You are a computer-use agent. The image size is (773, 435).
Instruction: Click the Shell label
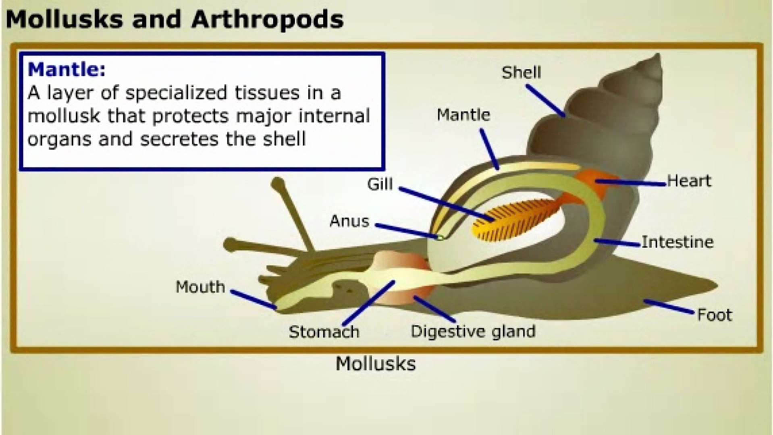pyautogui.click(x=521, y=73)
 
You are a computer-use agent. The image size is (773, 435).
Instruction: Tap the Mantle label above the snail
pyautogui.click(x=463, y=115)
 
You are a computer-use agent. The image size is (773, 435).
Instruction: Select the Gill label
pyautogui.click(x=380, y=184)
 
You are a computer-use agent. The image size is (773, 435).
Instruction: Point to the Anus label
pyautogui.click(x=349, y=221)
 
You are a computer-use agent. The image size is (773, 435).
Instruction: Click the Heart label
pyautogui.click(x=689, y=181)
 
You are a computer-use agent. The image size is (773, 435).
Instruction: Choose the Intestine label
pyautogui.click(x=677, y=242)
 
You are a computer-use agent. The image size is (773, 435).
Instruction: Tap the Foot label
pyautogui.click(x=714, y=315)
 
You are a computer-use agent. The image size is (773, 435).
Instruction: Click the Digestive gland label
pyautogui.click(x=473, y=331)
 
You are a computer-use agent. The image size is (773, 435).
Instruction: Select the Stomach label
pyautogui.click(x=324, y=332)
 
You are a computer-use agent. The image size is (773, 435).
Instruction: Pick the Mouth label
pyautogui.click(x=200, y=287)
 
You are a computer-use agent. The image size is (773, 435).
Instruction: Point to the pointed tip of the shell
pyautogui.click(x=659, y=56)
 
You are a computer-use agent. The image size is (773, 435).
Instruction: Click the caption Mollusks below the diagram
pyautogui.click(x=375, y=364)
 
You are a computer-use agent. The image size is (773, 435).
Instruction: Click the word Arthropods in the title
pyautogui.click(x=267, y=19)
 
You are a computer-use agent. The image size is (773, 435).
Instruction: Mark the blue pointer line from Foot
pyautogui.click(x=669, y=307)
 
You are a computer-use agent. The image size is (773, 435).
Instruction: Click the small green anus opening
pyautogui.click(x=440, y=238)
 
